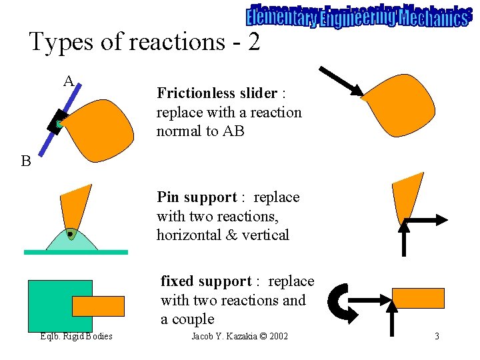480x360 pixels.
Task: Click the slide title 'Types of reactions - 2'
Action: [144, 42]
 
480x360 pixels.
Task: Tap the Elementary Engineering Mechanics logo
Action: [357, 16]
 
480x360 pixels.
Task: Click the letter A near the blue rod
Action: [69, 81]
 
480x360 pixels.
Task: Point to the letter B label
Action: [25, 161]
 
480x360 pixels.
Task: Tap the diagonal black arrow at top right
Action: [341, 81]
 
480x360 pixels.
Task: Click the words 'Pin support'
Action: [197, 197]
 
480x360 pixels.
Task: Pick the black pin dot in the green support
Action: [70, 235]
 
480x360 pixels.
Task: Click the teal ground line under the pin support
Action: [75, 252]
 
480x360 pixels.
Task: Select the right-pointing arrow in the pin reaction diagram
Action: [427, 219]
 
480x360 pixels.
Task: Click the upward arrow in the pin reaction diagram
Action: [403, 237]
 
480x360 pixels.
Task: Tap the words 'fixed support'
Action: [206, 281]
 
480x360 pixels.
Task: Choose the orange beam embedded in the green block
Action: [98, 305]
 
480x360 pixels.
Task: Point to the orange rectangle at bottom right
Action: [418, 298]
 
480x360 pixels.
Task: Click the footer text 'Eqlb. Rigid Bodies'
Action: [76, 336]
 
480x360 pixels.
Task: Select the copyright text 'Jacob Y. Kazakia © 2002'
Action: [239, 336]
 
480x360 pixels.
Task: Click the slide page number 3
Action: [437, 336]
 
